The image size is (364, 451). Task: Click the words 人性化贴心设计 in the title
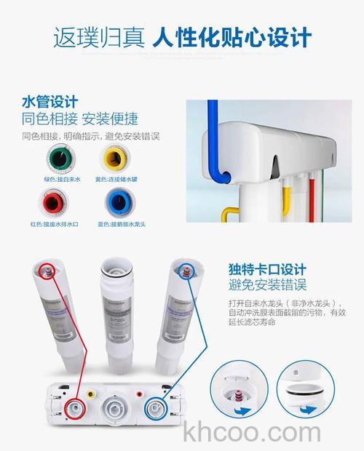tap(232, 36)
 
